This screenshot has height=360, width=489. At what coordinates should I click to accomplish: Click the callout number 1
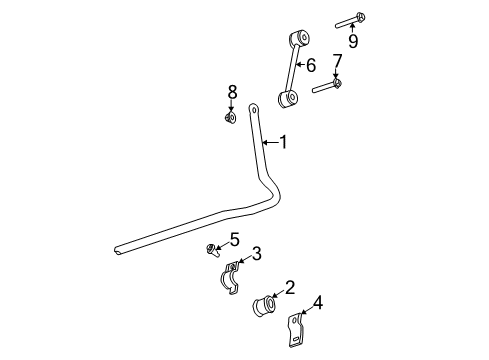tap(283, 143)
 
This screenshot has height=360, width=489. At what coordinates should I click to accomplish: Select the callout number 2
tap(289, 288)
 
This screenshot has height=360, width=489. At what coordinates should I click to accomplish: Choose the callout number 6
tap(311, 66)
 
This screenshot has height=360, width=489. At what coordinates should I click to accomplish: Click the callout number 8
tap(232, 92)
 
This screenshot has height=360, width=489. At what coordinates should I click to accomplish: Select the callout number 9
tap(353, 40)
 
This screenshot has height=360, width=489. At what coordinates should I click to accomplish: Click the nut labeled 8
tap(231, 117)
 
